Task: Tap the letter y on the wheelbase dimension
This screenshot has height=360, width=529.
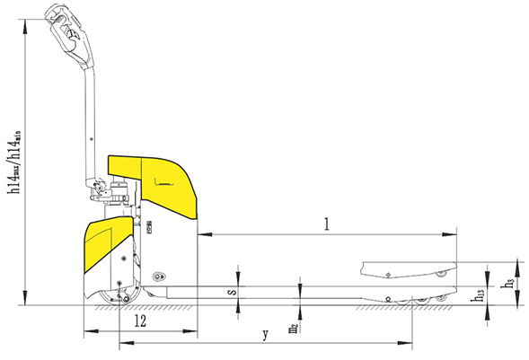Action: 265,335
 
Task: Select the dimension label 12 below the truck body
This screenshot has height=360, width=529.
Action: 140,320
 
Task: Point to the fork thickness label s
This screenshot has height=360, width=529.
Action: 231,291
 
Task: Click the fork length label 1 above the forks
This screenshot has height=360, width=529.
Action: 327,225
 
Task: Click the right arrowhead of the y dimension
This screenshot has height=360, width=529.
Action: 410,343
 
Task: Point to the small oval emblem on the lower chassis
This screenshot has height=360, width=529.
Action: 159,276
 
